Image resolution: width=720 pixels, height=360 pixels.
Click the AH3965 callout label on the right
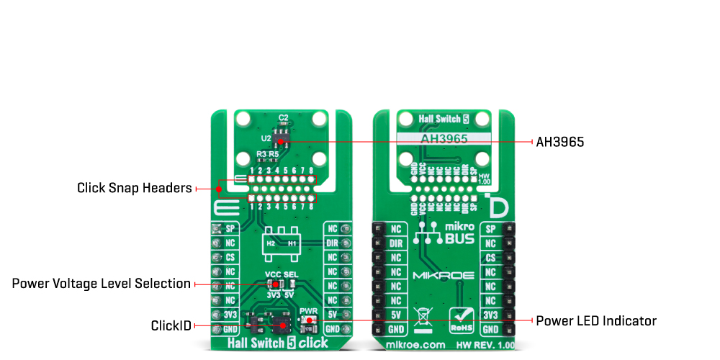559,143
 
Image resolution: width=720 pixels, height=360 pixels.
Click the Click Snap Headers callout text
135,189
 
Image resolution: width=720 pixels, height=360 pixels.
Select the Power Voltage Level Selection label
101,284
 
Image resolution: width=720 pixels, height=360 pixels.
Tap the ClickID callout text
171,326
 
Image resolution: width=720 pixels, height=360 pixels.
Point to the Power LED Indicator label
596,320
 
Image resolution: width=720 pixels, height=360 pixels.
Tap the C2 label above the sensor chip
284,117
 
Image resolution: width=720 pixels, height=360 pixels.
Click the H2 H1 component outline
282,243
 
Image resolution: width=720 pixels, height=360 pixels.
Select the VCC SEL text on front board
282,275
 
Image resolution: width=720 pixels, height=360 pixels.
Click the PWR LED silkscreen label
307,312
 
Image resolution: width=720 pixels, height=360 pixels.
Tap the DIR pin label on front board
332,243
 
